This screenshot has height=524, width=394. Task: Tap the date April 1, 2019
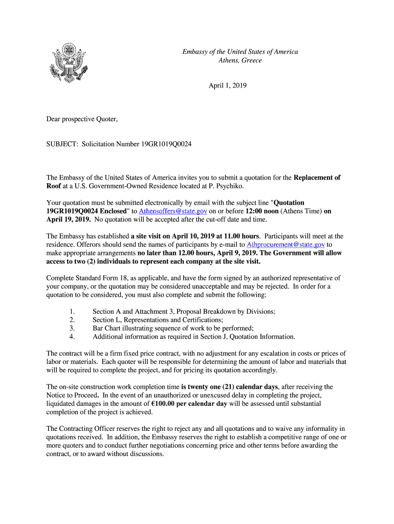[x=227, y=86]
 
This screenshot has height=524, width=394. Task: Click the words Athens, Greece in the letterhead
[x=240, y=60]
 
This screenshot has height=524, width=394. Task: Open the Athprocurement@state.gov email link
[x=286, y=245]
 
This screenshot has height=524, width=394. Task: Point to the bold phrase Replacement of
[x=317, y=178]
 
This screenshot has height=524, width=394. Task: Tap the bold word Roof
[x=54, y=186]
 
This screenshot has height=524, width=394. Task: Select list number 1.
[x=72, y=312]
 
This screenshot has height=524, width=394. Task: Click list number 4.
[x=72, y=337]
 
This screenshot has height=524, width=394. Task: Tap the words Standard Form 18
[x=104, y=278]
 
